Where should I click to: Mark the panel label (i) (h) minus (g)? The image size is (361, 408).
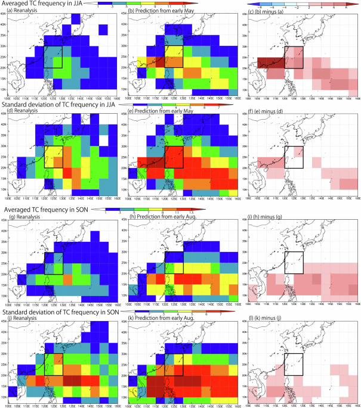click(x=267, y=216)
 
